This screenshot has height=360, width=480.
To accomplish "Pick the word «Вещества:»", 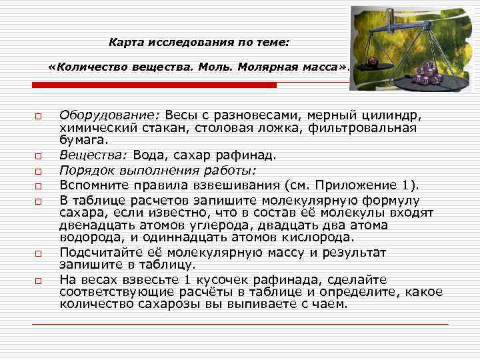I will coord(93,155).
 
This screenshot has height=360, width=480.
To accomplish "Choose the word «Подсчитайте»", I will coord(99,252).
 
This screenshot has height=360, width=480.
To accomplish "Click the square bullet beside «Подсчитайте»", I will coord(39,253).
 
